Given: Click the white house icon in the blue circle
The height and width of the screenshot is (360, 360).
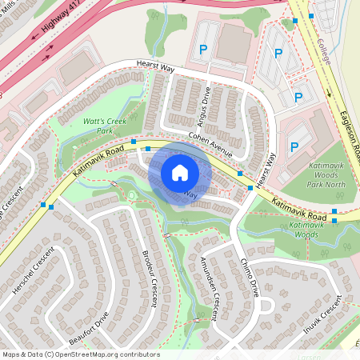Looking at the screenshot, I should tap(180, 173).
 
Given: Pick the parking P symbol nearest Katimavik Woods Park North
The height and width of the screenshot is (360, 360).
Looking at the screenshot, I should tap(294, 148).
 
